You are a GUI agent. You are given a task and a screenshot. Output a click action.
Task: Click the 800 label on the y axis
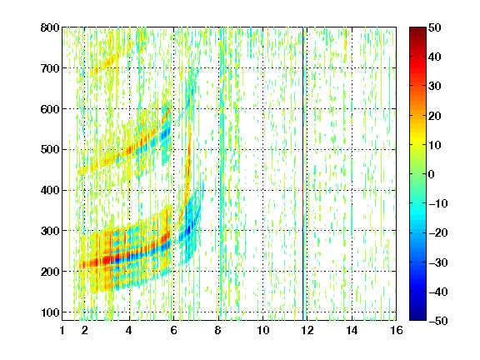click(x=50, y=27)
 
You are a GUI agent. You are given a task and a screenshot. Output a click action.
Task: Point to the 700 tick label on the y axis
click(x=50, y=68)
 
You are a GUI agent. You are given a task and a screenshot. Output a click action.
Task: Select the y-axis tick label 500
click(x=50, y=150)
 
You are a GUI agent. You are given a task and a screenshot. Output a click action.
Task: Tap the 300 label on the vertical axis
click(x=50, y=231)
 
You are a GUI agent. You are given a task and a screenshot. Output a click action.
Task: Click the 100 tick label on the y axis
click(x=50, y=312)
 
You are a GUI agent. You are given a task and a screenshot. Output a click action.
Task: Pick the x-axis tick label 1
click(x=62, y=330)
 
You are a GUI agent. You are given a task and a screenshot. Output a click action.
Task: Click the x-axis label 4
click(x=129, y=330)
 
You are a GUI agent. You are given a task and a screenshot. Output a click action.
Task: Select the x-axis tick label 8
click(x=217, y=330)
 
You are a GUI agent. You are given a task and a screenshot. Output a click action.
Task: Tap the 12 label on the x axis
click(x=307, y=330)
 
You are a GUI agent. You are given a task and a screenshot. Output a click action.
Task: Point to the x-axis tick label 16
click(x=396, y=330)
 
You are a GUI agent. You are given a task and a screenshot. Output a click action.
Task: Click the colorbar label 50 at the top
click(x=435, y=27)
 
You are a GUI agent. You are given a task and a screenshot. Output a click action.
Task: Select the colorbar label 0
click(x=432, y=174)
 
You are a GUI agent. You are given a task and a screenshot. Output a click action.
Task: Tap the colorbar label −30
click(x=438, y=262)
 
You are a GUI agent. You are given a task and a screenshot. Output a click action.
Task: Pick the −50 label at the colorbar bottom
click(x=438, y=321)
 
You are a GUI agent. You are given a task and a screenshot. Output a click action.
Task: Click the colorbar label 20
click(x=435, y=116)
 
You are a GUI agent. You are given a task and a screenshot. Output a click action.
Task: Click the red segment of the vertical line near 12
click(x=303, y=204)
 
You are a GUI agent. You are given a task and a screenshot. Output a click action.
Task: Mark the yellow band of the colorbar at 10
click(x=417, y=144)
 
